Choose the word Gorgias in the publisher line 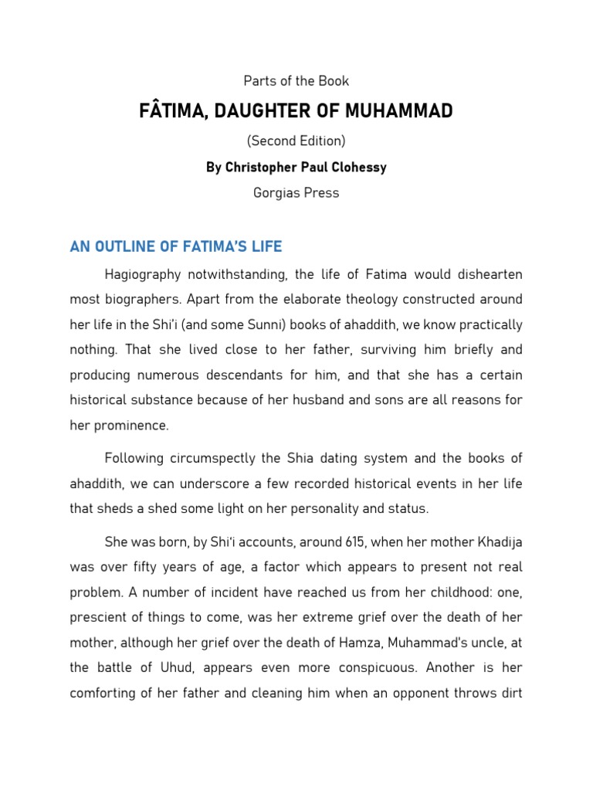[x=276, y=193]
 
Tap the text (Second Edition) [x=296, y=141]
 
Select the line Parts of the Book [x=296, y=81]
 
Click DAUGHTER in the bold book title [x=273, y=111]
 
